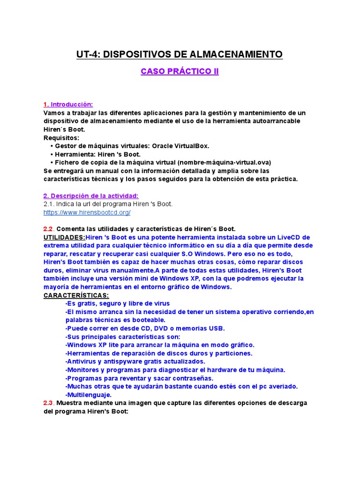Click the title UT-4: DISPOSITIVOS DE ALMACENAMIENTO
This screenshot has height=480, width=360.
click(180, 55)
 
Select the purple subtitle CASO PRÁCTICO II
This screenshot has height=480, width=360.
click(180, 72)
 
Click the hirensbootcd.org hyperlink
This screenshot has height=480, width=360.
click(87, 212)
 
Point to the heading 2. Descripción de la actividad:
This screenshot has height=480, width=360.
click(91, 195)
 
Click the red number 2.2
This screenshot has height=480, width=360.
click(49, 229)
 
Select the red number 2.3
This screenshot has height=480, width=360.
click(49, 403)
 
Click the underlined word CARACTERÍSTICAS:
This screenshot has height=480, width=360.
click(76, 295)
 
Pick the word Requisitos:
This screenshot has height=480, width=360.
click(61, 138)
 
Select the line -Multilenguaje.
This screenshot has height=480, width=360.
click(88, 395)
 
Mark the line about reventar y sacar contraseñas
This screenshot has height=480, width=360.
click(139, 378)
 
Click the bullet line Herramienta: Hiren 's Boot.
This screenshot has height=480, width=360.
click(97, 154)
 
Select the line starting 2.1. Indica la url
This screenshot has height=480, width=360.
click(108, 204)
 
